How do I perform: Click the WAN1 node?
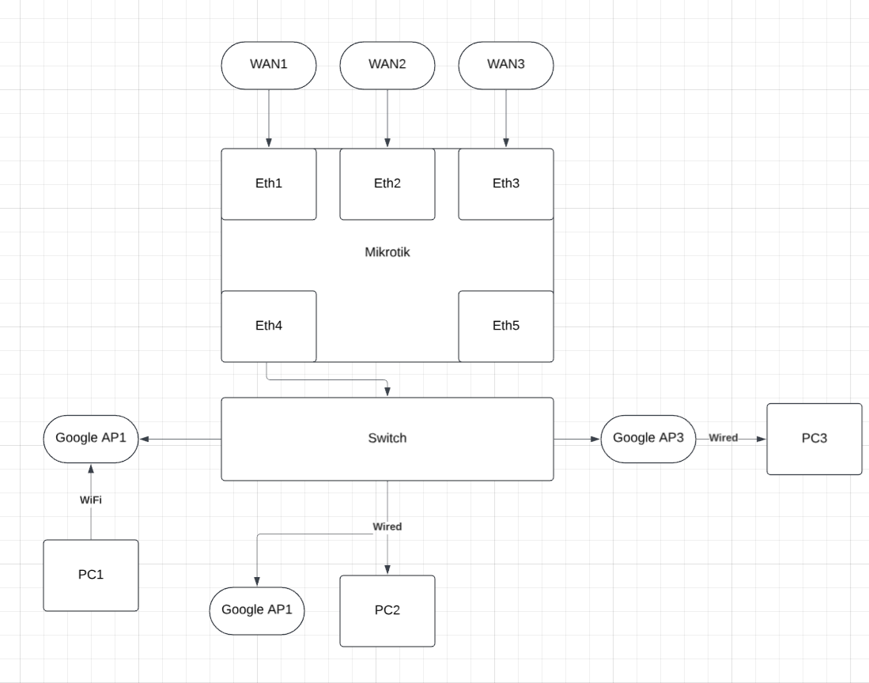[x=269, y=65]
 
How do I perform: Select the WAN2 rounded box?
[x=387, y=65]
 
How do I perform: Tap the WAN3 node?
[x=506, y=65]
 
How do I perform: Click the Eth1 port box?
[x=269, y=183]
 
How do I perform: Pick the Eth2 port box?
[x=387, y=183]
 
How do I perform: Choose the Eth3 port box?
[x=506, y=183]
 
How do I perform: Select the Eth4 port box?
[x=269, y=326]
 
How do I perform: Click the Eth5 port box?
[x=506, y=326]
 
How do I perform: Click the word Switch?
[x=387, y=438]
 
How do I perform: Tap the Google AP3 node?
[x=648, y=438]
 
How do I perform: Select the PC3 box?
[x=814, y=438]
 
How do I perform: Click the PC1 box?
[x=91, y=575]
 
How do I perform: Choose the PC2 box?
[x=387, y=610]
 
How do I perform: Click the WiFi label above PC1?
[x=90, y=500]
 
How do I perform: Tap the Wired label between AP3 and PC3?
[x=724, y=437]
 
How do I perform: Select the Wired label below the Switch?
[x=387, y=526]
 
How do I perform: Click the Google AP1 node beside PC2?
[x=257, y=609]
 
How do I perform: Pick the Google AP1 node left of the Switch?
[x=91, y=438]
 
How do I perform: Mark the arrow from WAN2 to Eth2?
[x=387, y=119]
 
